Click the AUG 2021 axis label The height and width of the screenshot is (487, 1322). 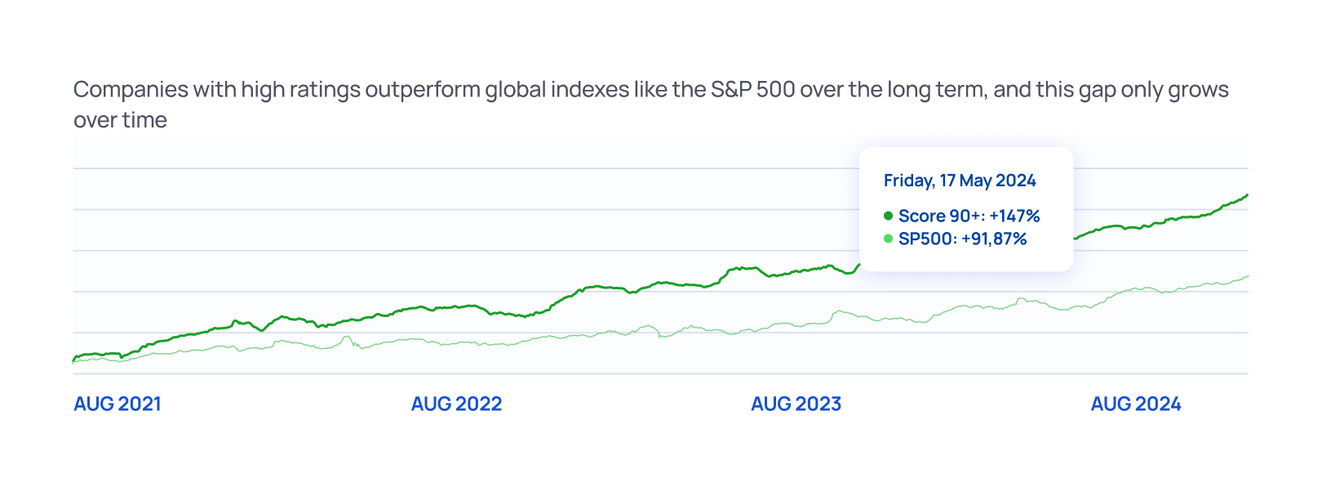118,404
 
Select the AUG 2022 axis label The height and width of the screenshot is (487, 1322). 456,404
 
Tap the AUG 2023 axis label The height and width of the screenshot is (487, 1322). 796,404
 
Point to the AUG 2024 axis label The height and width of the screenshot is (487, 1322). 1136,404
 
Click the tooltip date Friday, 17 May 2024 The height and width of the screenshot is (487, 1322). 960,181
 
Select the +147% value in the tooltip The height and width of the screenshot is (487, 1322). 1014,217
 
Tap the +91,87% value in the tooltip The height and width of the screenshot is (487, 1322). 994,239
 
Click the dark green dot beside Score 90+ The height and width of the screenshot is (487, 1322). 888,217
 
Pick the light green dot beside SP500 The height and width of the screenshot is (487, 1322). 888,239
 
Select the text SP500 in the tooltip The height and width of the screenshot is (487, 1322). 926,239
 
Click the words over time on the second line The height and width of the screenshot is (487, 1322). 120,120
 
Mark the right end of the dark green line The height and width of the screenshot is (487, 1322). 1247,195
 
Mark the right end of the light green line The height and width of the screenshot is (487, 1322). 1247,277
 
